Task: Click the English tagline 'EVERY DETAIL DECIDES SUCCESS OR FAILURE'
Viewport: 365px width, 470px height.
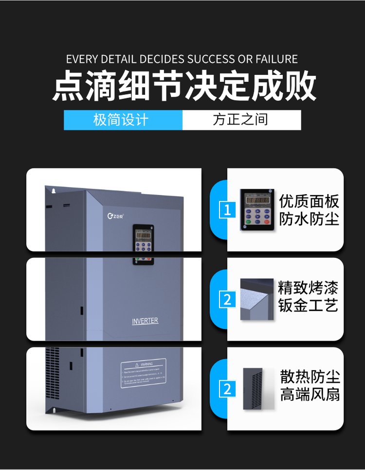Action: click(x=182, y=59)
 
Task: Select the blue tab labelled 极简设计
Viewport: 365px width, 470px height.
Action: click(x=123, y=120)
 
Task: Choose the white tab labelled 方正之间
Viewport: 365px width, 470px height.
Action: click(x=241, y=120)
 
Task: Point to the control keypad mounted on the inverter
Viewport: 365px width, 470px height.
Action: click(x=144, y=244)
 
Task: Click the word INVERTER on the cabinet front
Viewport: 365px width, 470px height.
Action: click(x=145, y=321)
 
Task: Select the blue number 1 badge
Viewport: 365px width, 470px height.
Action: click(x=227, y=211)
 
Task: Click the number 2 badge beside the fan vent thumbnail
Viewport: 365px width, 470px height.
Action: click(x=227, y=389)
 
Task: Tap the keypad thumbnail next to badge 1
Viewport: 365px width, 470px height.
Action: click(x=257, y=210)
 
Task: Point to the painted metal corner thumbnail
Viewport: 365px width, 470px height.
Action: click(x=256, y=299)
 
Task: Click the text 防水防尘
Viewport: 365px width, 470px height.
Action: click(x=309, y=220)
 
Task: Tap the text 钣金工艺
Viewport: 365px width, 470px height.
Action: click(x=308, y=306)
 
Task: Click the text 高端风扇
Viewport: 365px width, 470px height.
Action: click(x=310, y=395)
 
